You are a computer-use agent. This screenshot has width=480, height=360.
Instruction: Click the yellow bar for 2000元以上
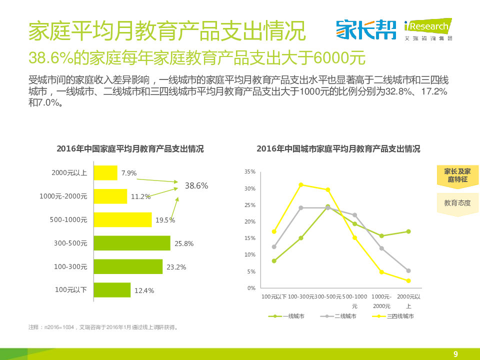coord(105,173)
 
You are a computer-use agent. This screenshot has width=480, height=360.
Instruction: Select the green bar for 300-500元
coord(132,243)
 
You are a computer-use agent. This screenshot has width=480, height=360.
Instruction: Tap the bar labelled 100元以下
coord(112,290)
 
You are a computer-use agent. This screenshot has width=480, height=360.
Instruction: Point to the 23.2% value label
coord(176,267)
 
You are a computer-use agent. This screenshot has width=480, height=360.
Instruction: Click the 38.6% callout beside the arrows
coord(196,185)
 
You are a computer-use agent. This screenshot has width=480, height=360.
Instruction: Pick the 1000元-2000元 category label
coord(63,196)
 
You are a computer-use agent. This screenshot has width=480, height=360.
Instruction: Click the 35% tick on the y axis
coord(250,171)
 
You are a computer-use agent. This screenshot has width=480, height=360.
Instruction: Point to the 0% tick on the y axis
coord(251,288)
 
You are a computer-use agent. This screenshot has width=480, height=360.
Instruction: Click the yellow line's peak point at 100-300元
coord(301,184)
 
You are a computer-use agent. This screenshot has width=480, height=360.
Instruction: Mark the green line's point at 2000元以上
coord(408,231)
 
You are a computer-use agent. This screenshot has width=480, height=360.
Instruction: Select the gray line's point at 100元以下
coord(274,246)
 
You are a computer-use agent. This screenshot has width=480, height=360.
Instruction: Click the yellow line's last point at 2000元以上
coord(408,280)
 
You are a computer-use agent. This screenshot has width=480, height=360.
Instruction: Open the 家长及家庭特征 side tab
coord(457,175)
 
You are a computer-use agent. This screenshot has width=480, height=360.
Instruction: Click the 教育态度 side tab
coord(457,203)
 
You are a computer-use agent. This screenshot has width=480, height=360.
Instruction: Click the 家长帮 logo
coord(366,29)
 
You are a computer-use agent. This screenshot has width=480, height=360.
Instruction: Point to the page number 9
coord(455,354)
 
